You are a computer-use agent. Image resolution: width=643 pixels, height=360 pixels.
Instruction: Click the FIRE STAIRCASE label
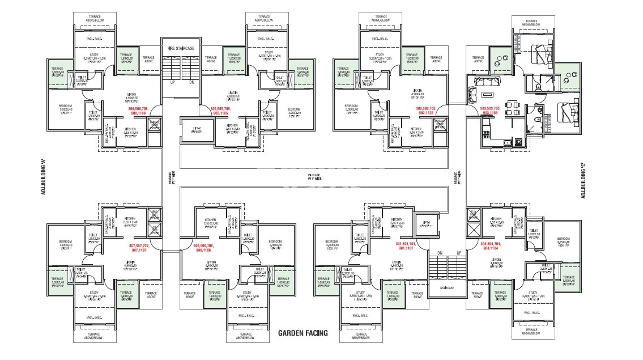[x=181, y=49]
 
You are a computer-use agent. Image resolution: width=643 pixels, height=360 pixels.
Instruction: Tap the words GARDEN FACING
[x=303, y=333]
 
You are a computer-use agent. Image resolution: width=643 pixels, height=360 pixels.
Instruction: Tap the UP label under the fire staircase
[x=172, y=82]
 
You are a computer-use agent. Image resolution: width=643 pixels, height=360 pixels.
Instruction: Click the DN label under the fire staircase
[x=191, y=82]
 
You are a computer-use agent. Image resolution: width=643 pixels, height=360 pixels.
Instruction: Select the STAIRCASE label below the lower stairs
[x=447, y=288]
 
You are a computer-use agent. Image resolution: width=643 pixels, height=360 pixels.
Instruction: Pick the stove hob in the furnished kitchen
[x=485, y=134]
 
